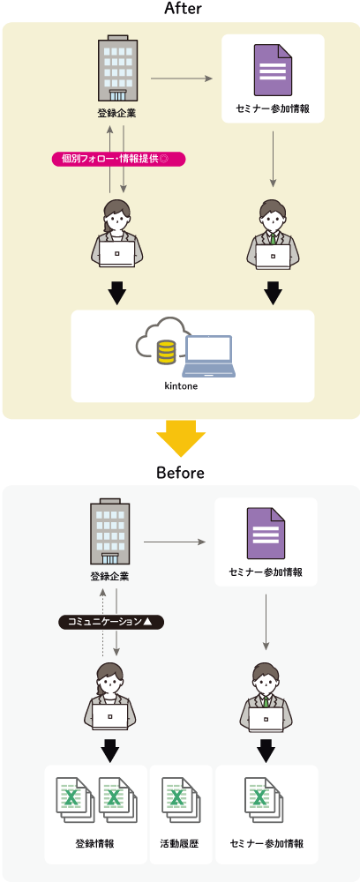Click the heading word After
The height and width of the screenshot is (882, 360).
[183, 9]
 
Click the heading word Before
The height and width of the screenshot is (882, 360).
[180, 473]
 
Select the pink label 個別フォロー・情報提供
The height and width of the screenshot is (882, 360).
[119, 159]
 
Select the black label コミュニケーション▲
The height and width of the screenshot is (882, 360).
[111, 622]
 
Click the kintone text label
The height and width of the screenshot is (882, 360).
[181, 386]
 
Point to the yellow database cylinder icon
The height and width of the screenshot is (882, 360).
[166, 351]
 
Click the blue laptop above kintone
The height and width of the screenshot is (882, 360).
[208, 356]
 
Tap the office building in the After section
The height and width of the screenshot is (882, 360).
[117, 68]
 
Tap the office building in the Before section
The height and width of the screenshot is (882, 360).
[109, 532]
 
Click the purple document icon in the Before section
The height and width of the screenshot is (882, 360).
[266, 534]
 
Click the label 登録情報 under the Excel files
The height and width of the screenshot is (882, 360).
[95, 844]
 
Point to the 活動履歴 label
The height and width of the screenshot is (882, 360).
[179, 844]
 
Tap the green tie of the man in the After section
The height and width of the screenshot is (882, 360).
[274, 237]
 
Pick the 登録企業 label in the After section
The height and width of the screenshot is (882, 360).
[117, 113]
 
